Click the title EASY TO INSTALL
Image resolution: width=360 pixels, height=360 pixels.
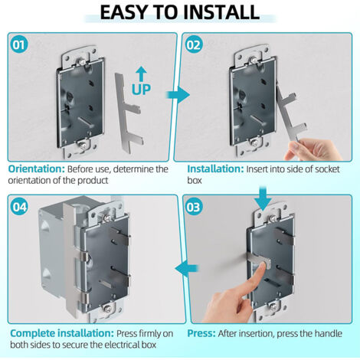point(180,12)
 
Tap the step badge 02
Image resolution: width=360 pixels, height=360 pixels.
point(195,44)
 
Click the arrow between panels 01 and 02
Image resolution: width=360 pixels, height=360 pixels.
point(178,96)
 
